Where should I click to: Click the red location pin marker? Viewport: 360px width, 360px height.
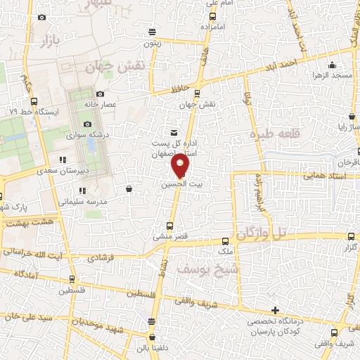click(181, 166)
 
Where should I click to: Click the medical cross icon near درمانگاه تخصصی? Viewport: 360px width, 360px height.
click(275, 310)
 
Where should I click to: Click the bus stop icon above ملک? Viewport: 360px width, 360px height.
click(226, 239)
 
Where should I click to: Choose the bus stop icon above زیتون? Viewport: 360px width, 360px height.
click(153, 31)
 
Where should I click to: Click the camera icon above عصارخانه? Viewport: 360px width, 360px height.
click(100, 94)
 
